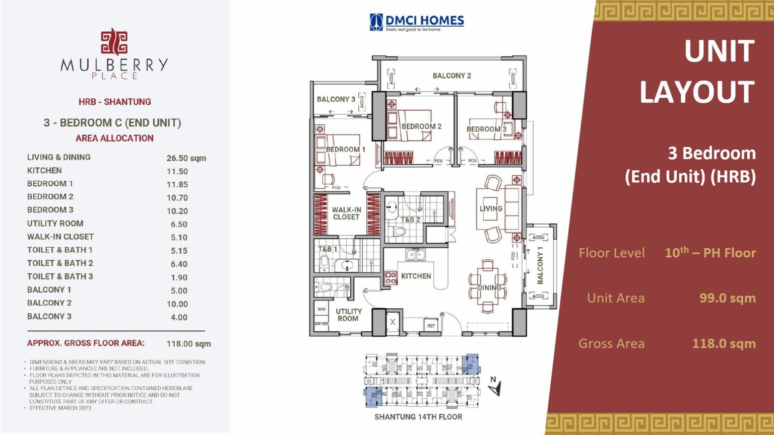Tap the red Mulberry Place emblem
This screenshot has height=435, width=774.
pos(114,42)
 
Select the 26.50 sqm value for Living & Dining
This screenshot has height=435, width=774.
pos(186,158)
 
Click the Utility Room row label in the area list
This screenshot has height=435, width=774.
pos(55,224)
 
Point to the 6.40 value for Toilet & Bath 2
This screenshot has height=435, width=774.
pos(179,264)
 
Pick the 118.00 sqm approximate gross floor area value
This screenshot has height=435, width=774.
pos(188,344)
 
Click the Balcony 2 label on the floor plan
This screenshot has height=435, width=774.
pos(451,76)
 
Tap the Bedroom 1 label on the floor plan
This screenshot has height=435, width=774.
pos(345,150)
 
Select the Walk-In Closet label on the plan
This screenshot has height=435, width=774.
pos(346,213)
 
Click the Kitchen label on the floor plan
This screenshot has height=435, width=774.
pos(416,276)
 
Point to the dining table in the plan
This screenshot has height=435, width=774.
pos(488,287)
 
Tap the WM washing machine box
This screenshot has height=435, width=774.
pos(321,309)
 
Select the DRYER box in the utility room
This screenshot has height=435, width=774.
pos(321,324)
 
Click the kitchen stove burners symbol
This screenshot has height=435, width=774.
pos(391,277)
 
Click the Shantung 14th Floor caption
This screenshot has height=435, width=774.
pos(418,417)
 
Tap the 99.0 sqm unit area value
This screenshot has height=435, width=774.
pos(727,298)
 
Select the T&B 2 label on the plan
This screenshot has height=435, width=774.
pos(410,220)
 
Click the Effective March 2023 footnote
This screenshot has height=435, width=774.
pos(60,408)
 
